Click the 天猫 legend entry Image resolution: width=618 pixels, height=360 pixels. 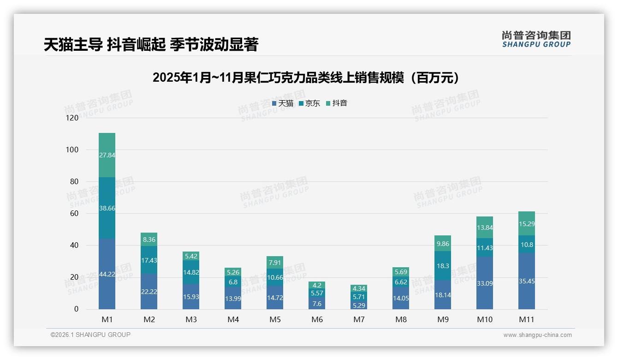coord(283,103)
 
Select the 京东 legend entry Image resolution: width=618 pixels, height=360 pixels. coord(309,103)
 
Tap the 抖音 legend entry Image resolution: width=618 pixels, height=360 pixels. coord(337,103)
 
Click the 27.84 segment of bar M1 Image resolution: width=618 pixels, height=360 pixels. coord(107,155)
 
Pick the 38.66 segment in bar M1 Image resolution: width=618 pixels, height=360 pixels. coord(107,208)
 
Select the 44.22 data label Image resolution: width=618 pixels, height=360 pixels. coord(107,274)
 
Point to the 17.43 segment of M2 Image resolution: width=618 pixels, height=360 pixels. coord(149,260)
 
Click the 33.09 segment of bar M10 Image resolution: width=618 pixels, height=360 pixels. coord(485,283)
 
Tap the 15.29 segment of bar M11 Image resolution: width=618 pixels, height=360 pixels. coord(527,224)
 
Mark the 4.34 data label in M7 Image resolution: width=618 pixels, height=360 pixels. coord(359,288)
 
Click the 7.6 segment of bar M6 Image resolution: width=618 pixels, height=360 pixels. coord(317,304)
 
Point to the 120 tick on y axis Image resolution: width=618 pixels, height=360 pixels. coord(72,118)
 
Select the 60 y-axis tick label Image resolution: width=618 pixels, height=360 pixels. coord(74,213)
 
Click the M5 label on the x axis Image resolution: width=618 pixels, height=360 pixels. coord(275,319)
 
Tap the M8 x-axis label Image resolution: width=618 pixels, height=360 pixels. coord(401,319)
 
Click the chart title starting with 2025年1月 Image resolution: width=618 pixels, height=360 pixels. coord(306,78)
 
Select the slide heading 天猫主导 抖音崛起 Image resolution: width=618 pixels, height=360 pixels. coord(151,44)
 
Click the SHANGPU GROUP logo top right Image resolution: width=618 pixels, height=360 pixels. coord(536,39)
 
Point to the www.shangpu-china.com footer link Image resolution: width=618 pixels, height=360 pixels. coord(537,335)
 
